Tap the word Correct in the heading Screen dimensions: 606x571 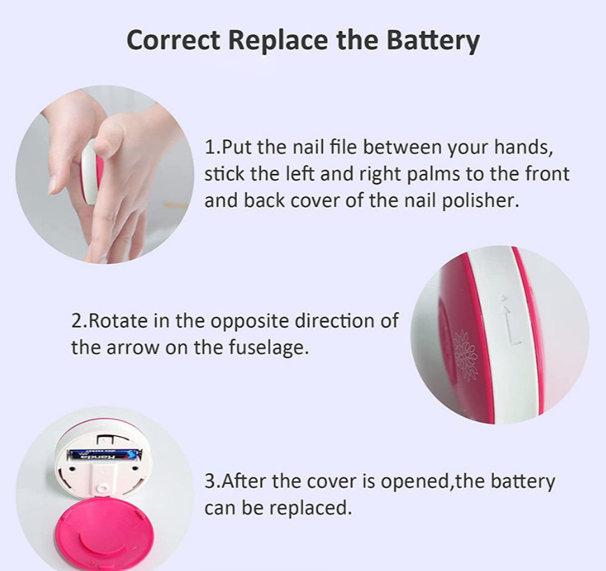point(173,40)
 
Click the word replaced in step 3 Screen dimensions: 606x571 point(310,509)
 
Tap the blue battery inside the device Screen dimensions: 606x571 point(103,456)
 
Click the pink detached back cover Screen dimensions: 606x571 point(105,534)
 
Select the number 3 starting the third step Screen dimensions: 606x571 point(209,482)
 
